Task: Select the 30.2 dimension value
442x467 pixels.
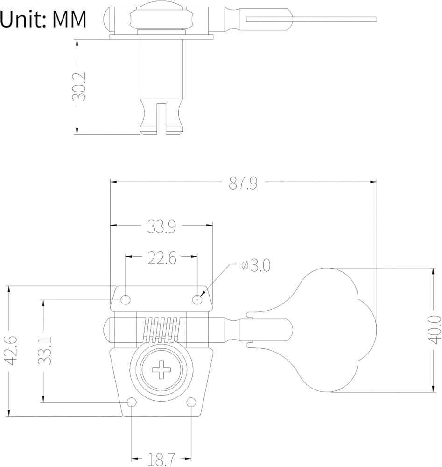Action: click(79, 86)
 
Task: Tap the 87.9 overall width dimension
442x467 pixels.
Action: click(243, 183)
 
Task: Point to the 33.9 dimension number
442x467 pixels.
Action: click(161, 226)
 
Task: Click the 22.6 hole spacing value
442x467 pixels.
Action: click(161, 258)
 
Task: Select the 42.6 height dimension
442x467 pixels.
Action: click(10, 350)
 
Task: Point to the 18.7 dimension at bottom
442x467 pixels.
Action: click(162, 459)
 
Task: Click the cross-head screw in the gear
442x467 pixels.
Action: click(162, 371)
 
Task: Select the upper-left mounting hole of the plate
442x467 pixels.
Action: click(126, 299)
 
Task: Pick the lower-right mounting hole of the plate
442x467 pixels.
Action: click(191, 402)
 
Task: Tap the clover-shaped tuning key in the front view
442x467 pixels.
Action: click(336, 329)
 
